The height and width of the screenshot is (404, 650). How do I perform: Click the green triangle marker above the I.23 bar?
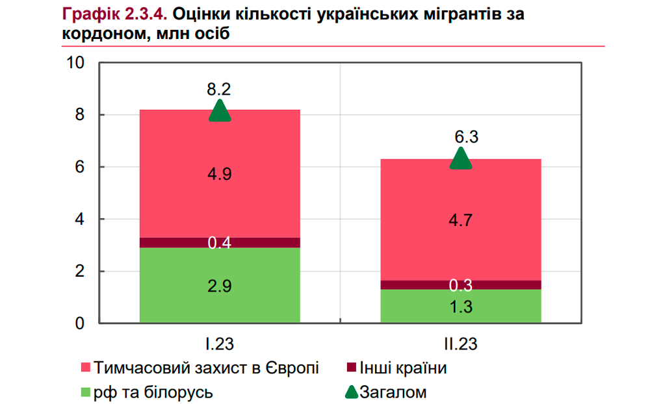tap(220, 112)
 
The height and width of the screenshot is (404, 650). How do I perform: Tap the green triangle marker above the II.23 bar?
tap(461, 159)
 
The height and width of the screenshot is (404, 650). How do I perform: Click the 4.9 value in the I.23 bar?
tap(220, 174)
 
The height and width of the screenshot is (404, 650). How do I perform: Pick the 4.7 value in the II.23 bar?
tap(460, 220)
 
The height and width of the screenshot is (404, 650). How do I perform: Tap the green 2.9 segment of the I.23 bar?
tap(220, 286)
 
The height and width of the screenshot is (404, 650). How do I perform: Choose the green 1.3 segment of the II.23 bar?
tap(460, 307)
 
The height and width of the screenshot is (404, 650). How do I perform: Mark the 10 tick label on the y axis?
tap(76, 63)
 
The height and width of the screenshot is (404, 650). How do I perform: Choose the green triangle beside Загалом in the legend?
tap(351, 392)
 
